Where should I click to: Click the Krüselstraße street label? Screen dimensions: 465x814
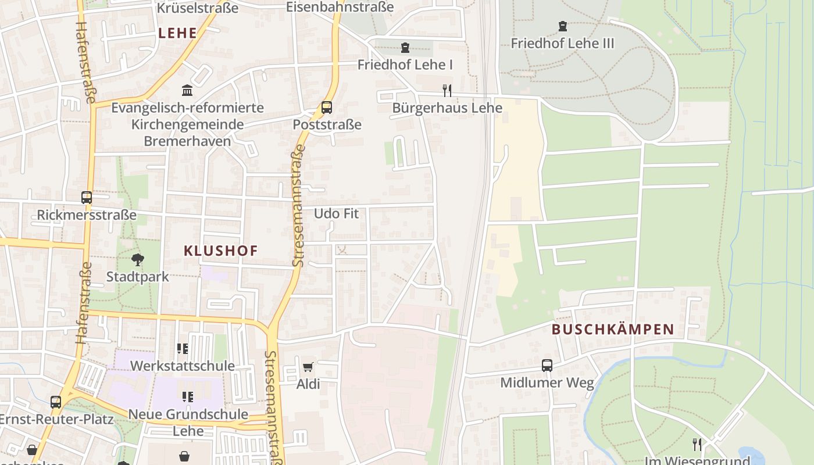(198, 8)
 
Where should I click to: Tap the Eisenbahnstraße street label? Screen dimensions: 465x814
(340, 7)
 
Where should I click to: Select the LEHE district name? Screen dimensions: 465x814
(177, 33)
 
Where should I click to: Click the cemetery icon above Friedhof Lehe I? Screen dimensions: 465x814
(405, 48)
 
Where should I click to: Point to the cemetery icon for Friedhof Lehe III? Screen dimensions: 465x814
(562, 26)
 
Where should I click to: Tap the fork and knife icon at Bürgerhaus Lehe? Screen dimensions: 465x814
(447, 90)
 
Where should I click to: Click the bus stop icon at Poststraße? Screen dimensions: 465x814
(327, 108)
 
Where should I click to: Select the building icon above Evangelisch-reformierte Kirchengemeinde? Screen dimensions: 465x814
(187, 91)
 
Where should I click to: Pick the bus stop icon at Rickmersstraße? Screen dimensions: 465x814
(87, 198)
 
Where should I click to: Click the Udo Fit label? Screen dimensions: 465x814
(336, 213)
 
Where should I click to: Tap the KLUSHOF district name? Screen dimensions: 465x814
(220, 251)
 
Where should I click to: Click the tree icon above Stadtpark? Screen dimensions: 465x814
(137, 260)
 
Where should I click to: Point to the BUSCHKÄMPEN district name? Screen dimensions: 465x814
(612, 330)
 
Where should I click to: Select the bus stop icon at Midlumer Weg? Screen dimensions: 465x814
(547, 366)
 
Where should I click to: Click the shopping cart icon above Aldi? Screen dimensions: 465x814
(308, 367)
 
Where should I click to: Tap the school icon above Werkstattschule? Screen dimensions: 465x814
(183, 349)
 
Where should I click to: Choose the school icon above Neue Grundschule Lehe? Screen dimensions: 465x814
(187, 397)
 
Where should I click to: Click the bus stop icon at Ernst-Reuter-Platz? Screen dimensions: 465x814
(56, 402)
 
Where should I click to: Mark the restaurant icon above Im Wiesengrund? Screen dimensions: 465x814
(697, 445)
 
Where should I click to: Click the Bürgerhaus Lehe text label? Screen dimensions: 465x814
(447, 108)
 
